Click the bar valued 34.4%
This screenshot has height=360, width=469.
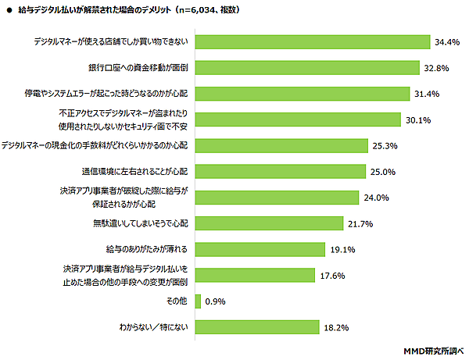coord(312,41)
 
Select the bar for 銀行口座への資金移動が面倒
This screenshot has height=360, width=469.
coord(305,67)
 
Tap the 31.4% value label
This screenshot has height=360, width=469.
coord(427,94)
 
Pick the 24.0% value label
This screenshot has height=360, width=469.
coord(376,198)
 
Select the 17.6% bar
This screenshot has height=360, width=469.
coord(254,275)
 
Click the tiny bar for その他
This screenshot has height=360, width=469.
coord(198,301)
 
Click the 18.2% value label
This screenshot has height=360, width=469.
coord(336,327)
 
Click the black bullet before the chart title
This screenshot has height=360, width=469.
coord(9,10)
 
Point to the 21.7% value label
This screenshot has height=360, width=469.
coord(360,224)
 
